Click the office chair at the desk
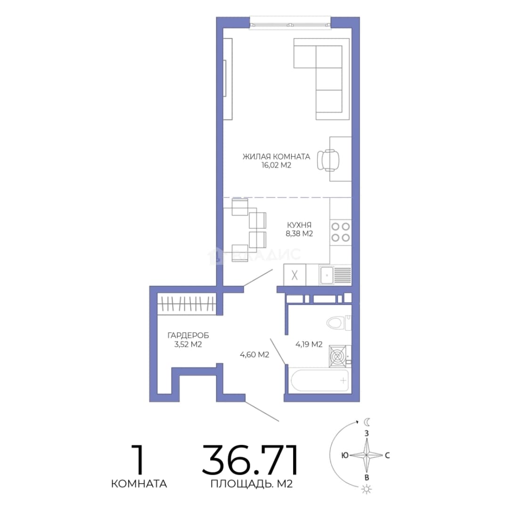(328, 160)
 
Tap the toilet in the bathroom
(338, 323)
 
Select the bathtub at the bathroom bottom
(320, 380)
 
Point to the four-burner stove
(341, 232)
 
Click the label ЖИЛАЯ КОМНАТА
(276, 156)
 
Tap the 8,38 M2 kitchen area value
(299, 234)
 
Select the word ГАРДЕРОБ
(188, 336)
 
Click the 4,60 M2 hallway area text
(254, 355)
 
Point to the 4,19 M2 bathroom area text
(309, 344)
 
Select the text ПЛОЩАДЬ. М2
(252, 484)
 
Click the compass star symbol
(367, 455)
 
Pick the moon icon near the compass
(367, 422)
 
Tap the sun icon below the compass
(367, 489)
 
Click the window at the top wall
(290, 24)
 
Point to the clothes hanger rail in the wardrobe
(186, 304)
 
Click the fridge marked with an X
(295, 275)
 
